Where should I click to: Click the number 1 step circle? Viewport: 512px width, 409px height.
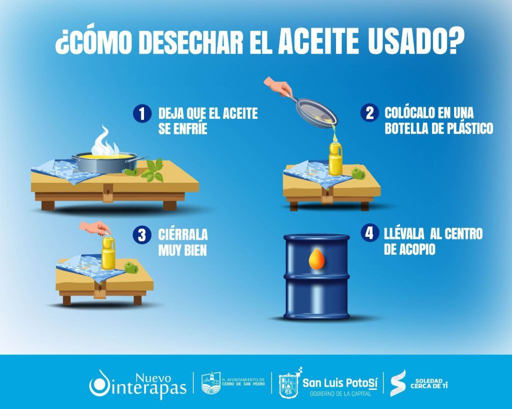[x=142, y=114]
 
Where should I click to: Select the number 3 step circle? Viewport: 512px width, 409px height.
[x=142, y=235]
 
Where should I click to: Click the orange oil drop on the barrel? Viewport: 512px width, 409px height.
[x=315, y=259]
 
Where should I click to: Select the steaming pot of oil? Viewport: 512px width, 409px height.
[x=104, y=161]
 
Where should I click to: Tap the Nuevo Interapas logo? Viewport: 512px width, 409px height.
[x=137, y=383]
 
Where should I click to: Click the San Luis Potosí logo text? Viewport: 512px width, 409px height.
[x=339, y=383]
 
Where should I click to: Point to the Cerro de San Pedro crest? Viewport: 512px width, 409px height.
[x=210, y=383]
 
